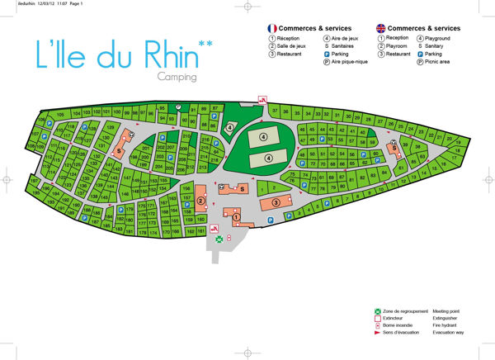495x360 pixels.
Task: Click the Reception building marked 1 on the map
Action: [238, 219]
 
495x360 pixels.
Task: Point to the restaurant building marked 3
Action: [276, 202]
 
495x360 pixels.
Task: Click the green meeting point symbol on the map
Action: [219, 239]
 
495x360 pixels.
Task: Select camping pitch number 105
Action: [61, 114]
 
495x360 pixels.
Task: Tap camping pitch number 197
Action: [35, 182]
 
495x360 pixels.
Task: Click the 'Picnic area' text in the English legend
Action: [439, 61]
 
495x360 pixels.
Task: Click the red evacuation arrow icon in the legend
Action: [376, 333]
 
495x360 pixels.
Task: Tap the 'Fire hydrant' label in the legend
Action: [445, 325]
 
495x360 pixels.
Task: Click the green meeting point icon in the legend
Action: [376, 310]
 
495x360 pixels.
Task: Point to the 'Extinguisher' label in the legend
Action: [447, 318]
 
